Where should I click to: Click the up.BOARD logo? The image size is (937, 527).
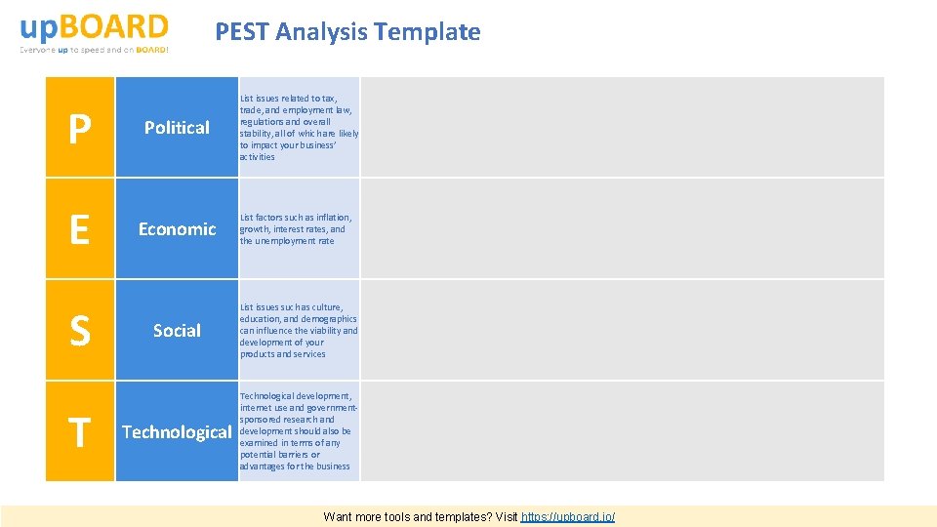[x=94, y=26]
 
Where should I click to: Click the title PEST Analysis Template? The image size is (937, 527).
[x=347, y=32]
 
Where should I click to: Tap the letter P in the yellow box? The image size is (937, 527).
[x=80, y=128]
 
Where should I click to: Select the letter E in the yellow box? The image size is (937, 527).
[x=80, y=229]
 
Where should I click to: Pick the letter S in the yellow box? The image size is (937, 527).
[x=80, y=331]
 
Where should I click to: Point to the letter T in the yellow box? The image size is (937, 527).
[x=80, y=432]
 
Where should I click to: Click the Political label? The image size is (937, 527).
[x=177, y=128]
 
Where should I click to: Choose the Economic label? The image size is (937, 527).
[x=177, y=229]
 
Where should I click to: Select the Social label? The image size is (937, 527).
[x=177, y=331]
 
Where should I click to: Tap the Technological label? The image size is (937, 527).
[x=177, y=432]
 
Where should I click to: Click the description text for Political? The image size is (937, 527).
[x=299, y=128]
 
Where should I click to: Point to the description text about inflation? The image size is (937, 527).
[x=296, y=229]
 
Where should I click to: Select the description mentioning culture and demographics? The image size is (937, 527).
[x=299, y=331]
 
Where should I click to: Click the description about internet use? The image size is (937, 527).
[x=296, y=431]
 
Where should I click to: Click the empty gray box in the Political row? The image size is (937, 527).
[x=622, y=128]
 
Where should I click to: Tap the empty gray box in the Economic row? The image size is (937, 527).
[x=622, y=229]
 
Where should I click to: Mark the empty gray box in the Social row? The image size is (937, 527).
[x=622, y=331]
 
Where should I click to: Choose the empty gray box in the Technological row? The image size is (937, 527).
[x=622, y=432]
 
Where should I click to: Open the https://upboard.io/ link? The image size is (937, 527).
[x=568, y=516]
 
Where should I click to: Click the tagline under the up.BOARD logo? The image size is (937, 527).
[x=94, y=49]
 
